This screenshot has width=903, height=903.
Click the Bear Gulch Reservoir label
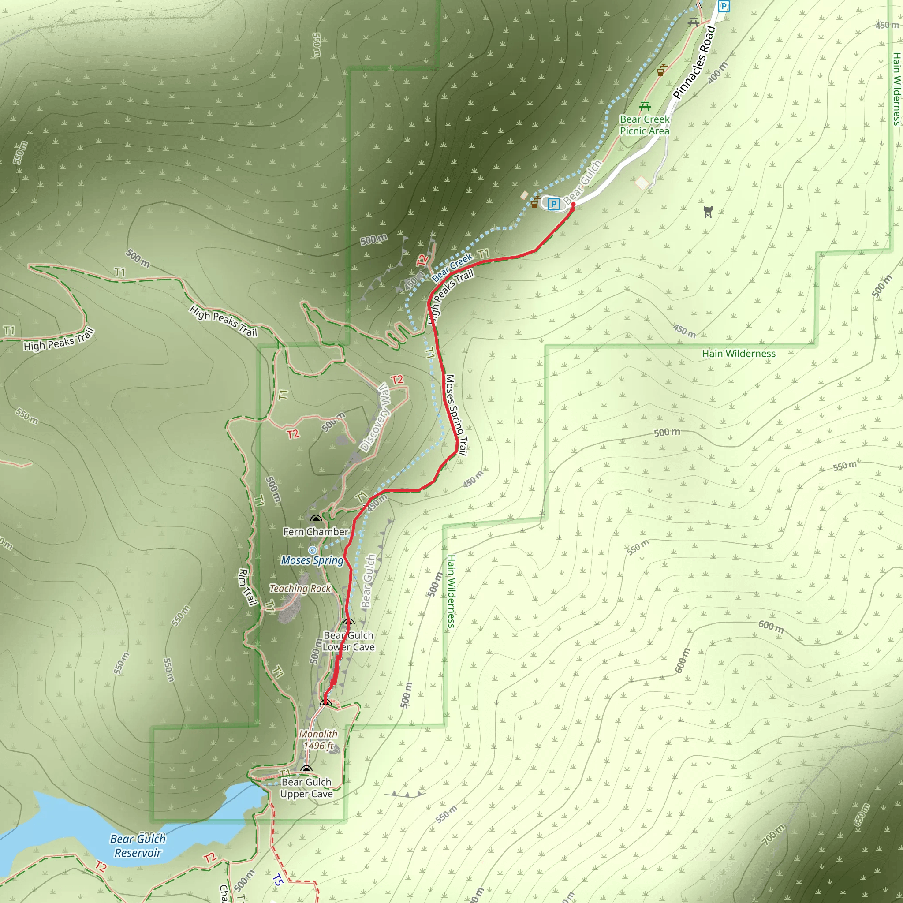tap(138, 846)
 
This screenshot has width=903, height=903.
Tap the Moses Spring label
tap(312, 560)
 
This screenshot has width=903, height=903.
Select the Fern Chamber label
tap(316, 532)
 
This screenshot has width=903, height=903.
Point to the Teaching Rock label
tap(300, 589)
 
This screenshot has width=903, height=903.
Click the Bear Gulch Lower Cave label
tap(349, 641)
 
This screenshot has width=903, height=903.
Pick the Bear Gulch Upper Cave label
tap(306, 787)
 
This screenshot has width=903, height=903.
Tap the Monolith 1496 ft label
tap(318, 740)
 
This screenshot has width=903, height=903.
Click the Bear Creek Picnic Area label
tap(645, 125)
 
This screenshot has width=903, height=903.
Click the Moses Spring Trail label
tap(456, 414)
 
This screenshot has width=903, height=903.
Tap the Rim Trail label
tap(248, 587)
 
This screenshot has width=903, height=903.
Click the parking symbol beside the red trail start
tap(553, 204)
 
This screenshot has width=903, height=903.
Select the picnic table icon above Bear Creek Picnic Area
tap(645, 106)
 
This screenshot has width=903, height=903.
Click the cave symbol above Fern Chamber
tap(317, 519)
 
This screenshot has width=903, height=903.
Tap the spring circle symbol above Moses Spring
tap(312, 550)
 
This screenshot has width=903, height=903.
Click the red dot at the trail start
tap(573, 204)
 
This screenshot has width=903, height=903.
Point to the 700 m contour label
tap(773, 835)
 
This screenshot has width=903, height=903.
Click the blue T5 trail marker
tap(277, 880)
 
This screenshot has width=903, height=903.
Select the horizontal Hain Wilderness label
tap(739, 354)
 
